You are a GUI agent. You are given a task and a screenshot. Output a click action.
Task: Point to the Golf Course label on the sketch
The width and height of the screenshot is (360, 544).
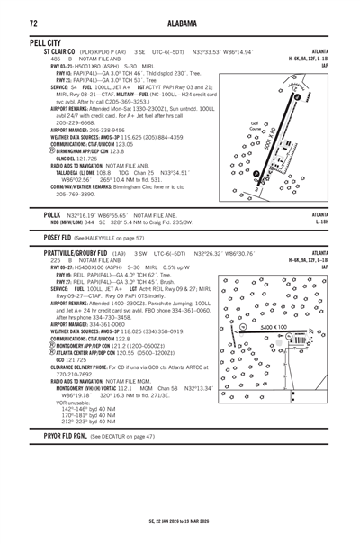(256, 126)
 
